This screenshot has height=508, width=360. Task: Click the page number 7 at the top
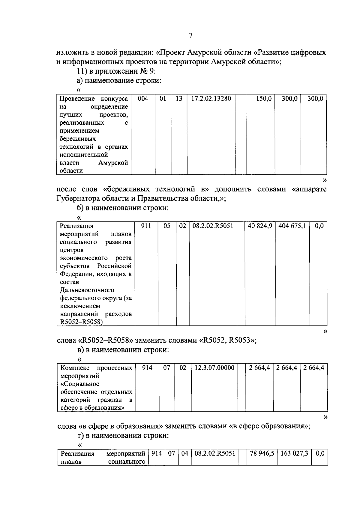point(191,36)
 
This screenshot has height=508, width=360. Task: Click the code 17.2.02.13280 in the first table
point(211,99)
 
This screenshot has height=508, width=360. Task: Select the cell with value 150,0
point(264,99)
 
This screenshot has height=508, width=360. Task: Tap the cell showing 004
point(143,99)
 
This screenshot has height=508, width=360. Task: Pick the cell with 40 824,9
point(260,226)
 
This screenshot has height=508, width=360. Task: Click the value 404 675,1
point(292,226)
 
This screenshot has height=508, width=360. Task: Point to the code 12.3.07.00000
point(214,368)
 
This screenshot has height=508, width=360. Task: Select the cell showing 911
point(146,226)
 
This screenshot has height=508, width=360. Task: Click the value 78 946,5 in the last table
point(262,454)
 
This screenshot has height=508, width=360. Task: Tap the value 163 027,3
point(294,454)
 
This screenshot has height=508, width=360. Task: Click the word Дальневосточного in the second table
point(87,290)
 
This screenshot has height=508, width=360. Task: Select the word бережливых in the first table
point(77,139)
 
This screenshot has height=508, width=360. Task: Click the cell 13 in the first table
point(179,99)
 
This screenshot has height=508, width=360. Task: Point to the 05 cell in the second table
point(167,226)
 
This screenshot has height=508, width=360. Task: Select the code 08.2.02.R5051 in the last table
point(215,454)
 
